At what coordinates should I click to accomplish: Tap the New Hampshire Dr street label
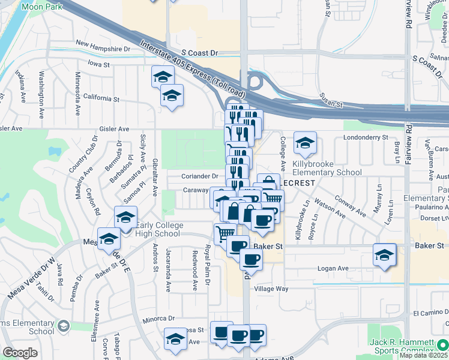103,47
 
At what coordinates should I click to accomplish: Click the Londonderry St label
366,137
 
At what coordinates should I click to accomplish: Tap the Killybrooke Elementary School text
327,168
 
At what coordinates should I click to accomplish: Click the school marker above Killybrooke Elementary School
305,144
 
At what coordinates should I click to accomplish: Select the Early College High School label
158,230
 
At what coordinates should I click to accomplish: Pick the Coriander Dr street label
200,176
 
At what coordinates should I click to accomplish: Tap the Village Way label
271,289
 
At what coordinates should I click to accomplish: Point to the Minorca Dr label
158,319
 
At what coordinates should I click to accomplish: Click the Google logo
20,353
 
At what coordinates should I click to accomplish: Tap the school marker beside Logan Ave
384,256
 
